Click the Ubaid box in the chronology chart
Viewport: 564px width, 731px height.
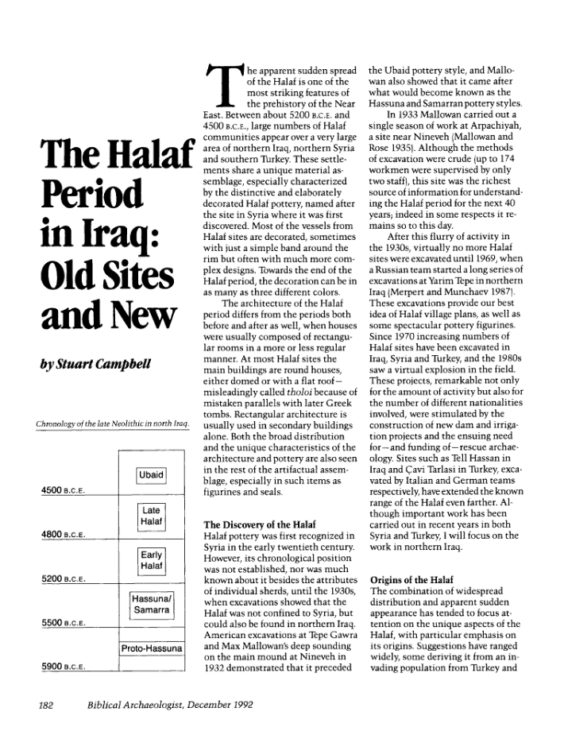click(x=151, y=475)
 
